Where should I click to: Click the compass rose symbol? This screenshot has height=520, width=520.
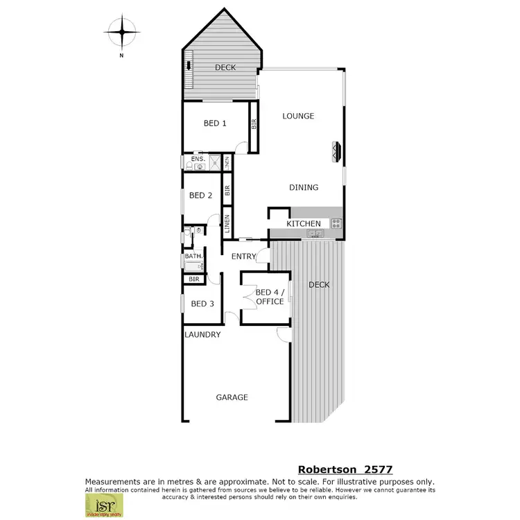tap(122, 31)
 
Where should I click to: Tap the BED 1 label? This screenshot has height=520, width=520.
tap(215, 123)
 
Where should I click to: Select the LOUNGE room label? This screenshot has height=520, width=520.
tap(298, 116)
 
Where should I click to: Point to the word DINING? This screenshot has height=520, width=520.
tap(304, 187)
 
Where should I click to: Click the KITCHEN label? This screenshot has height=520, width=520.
tap(304, 223)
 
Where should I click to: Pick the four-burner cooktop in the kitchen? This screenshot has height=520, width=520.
tap(336, 223)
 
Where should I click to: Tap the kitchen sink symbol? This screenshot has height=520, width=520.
tap(314, 234)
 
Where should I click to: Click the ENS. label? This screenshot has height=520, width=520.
tap(198, 159)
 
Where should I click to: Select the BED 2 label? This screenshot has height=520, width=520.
tap(201, 196)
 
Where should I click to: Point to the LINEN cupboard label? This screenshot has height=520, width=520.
tap(227, 224)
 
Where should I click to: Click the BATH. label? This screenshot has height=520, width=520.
tap(193, 256)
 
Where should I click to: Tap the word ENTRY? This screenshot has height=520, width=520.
tap(243, 257)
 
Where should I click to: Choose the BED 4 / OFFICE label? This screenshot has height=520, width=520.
tap(269, 297)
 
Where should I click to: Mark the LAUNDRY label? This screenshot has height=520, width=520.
tap(202, 334)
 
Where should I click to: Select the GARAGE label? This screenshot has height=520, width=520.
tap(232, 397)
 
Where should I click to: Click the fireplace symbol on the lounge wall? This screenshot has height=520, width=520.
tap(337, 151)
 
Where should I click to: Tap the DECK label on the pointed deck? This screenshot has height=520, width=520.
tap(225, 67)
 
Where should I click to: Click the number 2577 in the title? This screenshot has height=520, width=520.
tap(375, 469)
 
